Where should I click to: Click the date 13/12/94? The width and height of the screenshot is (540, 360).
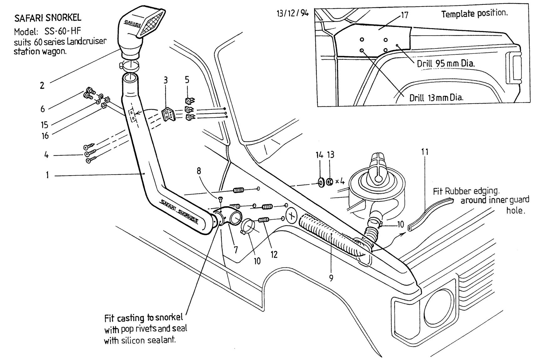point(292,14)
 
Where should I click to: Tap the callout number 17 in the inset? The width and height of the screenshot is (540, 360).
point(404,15)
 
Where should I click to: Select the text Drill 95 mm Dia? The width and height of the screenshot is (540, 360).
point(446,64)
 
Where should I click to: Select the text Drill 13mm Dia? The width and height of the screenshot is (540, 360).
point(436,98)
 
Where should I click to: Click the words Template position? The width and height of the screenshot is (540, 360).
point(474,13)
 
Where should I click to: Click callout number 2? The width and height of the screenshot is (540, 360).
point(42,85)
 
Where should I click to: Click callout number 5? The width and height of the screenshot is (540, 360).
point(187,80)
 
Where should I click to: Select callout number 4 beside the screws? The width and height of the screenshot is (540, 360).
point(46,155)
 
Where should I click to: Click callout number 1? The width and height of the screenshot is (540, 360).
point(47,175)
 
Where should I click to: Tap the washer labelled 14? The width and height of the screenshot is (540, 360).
point(320,182)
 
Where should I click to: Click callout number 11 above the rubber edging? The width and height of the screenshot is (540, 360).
point(425,152)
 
